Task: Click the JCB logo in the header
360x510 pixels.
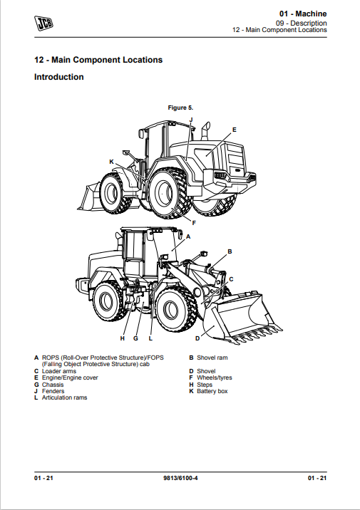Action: tap(43, 23)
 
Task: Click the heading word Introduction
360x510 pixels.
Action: tap(59, 77)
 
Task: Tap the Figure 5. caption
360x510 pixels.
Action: tap(180, 108)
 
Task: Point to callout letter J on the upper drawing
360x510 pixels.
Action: tap(191, 120)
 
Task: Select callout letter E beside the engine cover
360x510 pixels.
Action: tap(234, 130)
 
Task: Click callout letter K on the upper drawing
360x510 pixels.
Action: tap(111, 162)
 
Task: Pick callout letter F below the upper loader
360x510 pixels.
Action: tap(194, 223)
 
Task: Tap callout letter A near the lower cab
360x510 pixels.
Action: tap(187, 236)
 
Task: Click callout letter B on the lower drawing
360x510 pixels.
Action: tap(230, 251)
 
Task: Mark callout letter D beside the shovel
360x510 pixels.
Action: tap(197, 338)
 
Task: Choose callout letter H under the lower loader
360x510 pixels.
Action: tap(123, 338)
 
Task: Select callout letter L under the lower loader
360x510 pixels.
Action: tap(150, 338)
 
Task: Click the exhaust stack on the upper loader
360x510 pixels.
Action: tap(206, 131)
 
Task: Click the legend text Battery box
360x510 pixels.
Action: tap(212, 391)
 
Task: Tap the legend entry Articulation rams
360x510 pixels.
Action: tap(64, 397)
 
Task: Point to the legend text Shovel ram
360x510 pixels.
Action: tap(212, 358)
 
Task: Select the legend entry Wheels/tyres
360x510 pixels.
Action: tap(215, 378)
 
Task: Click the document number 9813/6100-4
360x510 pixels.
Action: tap(180, 478)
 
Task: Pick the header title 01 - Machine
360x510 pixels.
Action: tap(303, 14)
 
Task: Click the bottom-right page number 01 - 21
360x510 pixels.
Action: tap(317, 478)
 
